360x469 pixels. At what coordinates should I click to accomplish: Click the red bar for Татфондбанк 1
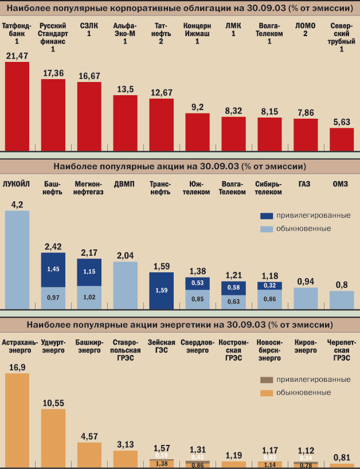pos(17,106)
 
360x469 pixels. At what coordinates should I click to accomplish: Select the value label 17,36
pos(53,73)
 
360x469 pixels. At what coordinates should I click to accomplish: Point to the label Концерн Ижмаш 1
pos(197,34)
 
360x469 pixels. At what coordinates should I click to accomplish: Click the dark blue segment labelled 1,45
pos(53,269)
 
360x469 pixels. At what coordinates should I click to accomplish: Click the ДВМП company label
pos(125,184)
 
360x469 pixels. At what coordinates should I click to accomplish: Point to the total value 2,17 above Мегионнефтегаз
pos(89,252)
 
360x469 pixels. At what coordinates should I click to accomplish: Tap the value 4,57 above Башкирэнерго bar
pos(89,436)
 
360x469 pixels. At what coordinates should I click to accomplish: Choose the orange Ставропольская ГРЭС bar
pos(125,459)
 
